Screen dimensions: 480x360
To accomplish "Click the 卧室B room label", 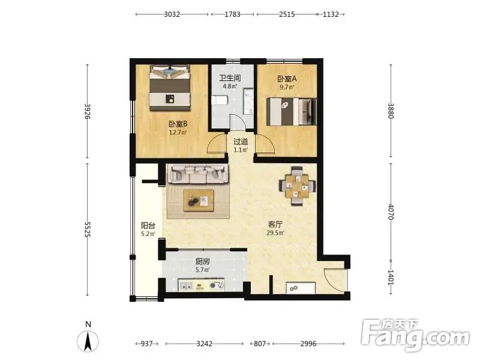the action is [178, 124].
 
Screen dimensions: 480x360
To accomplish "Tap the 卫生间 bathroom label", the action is [230, 78].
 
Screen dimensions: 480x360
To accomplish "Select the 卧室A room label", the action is [287, 79].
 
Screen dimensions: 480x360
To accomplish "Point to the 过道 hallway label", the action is [241, 142].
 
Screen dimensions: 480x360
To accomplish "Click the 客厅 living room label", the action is [275, 224].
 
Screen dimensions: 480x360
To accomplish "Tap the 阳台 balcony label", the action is [148, 226].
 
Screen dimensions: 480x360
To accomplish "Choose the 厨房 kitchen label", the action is [203, 262].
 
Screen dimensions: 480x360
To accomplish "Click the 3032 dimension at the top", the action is [172, 14].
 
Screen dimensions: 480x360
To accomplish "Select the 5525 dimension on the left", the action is [87, 229].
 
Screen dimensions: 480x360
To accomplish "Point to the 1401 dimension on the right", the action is [391, 277].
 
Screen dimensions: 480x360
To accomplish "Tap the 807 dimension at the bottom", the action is [260, 343].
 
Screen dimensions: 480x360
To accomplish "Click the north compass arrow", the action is [88, 341].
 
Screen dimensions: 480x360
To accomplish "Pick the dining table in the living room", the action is [296, 186].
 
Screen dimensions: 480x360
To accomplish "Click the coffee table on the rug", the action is [199, 200].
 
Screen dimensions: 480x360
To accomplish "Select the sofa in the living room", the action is [198, 175].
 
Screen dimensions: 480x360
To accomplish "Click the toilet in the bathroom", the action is [220, 100].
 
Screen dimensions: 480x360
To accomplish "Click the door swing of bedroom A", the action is [265, 143].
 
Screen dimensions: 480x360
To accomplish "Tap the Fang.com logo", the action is [415, 336].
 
